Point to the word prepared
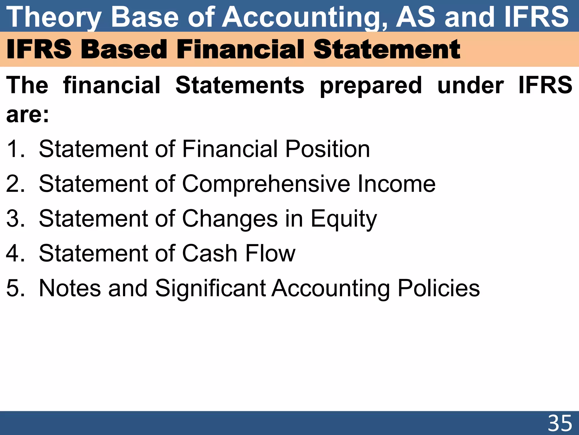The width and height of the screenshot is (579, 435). click(371, 86)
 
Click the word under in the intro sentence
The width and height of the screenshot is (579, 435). click(470, 86)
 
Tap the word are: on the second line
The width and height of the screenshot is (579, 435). click(28, 115)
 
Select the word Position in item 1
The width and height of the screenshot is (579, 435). click(327, 149)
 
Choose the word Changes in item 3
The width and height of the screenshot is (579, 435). click(230, 219)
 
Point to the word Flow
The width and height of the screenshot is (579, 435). click(270, 253)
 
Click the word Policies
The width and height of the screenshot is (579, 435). click(439, 288)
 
